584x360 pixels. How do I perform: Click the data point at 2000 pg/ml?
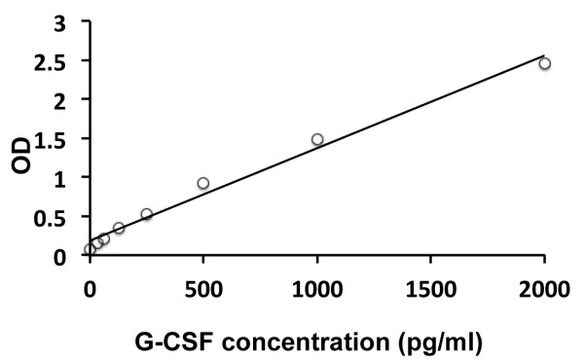[544, 64]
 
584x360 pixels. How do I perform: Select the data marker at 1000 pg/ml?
[317, 139]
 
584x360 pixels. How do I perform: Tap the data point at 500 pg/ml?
[203, 183]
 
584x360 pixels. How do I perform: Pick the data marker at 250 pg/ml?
[147, 214]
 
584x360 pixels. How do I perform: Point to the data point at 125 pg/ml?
[119, 229]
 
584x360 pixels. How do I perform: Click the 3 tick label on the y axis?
[60, 22]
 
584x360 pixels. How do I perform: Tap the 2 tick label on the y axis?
[60, 100]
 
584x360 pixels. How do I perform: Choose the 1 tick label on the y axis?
[60, 178]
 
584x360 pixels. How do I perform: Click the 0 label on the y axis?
[60, 256]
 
